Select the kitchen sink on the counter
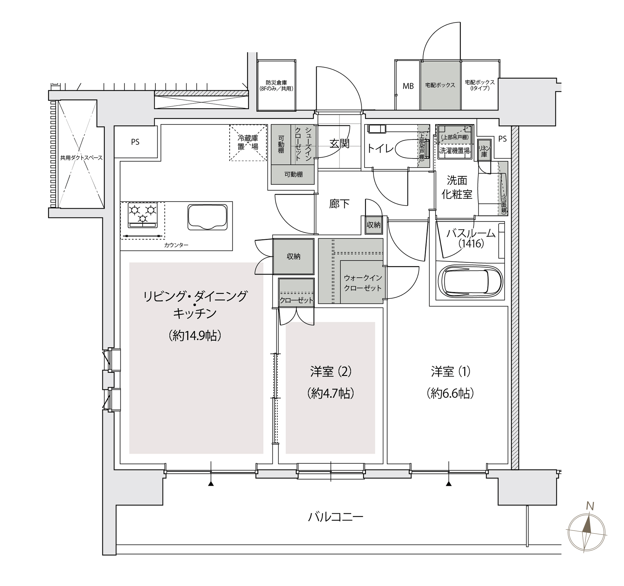point(207,217)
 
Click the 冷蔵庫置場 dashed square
point(248,143)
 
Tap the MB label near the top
point(408,86)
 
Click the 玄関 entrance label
point(339,144)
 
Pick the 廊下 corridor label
point(339,204)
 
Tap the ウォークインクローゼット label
point(362,283)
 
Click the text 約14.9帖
point(195,336)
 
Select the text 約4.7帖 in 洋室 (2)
point(330,393)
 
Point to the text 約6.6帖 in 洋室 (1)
point(450,393)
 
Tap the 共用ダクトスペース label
point(81,158)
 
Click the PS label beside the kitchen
point(135,142)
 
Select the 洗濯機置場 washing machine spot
point(454,151)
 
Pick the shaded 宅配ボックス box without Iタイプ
point(440,85)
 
